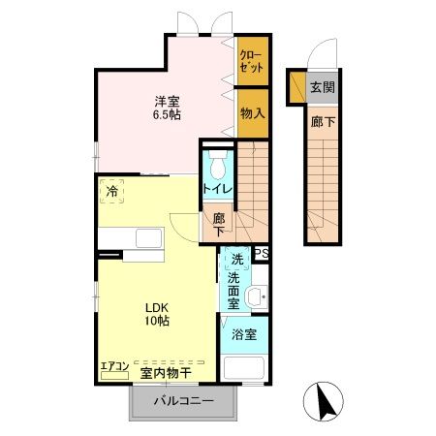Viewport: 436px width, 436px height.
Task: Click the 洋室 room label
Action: [167, 100]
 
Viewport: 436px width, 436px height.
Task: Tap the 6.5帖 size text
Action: [167, 114]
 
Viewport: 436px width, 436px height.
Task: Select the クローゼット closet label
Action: [251, 62]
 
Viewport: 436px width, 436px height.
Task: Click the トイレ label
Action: [215, 187]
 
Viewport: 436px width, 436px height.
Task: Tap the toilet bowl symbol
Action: [216, 159]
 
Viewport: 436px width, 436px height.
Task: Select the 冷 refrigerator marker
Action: [112, 192]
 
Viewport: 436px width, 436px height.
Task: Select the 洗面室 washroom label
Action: [234, 291]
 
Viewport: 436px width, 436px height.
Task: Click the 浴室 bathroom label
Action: [244, 335]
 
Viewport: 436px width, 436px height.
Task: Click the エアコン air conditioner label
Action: [114, 365]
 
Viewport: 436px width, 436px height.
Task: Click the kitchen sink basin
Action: [148, 239]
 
